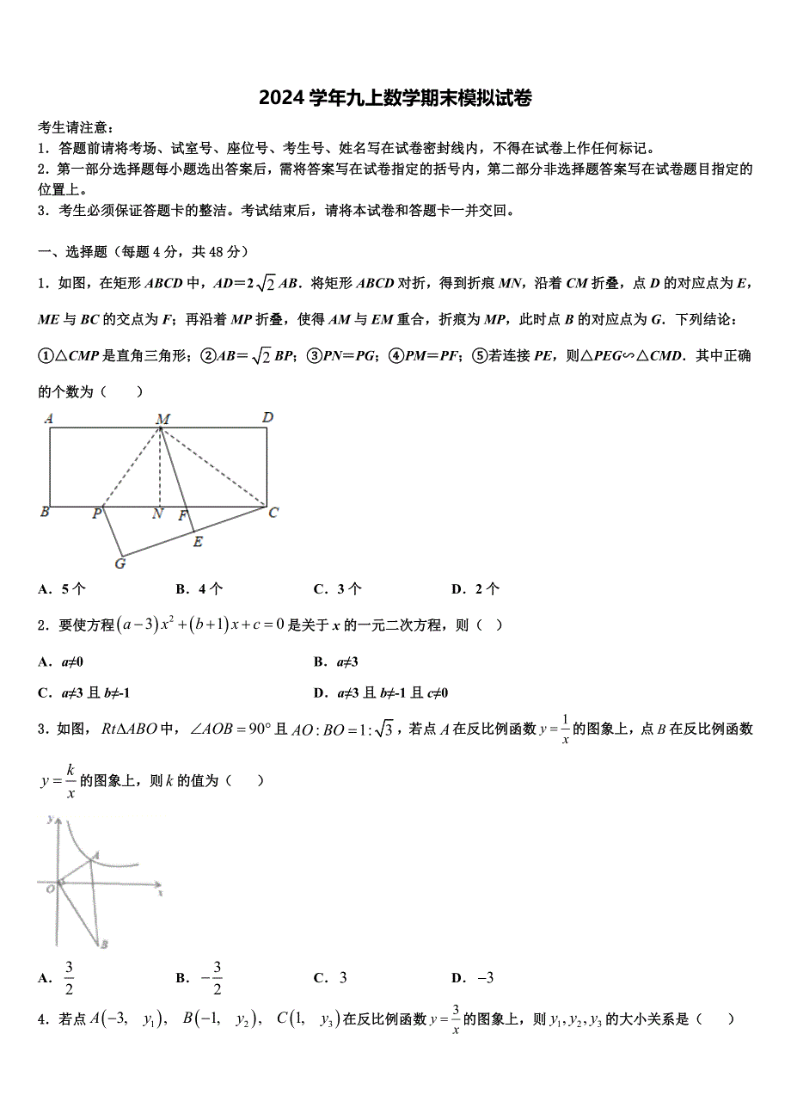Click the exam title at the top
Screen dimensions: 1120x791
395,98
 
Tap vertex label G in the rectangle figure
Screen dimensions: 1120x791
120,563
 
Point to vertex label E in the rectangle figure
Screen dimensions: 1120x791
198,541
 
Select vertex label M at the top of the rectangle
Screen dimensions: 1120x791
162,419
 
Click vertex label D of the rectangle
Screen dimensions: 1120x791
268,418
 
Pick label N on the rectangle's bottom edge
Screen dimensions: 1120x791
157,514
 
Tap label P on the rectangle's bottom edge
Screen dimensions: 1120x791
97,514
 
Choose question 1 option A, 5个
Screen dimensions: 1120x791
62,589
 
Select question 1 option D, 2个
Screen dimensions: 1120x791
475,589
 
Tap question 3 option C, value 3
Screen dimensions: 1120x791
331,977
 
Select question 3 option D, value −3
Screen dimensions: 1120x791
474,977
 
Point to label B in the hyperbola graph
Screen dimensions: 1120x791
104,945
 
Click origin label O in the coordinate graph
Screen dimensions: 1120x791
50,889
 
